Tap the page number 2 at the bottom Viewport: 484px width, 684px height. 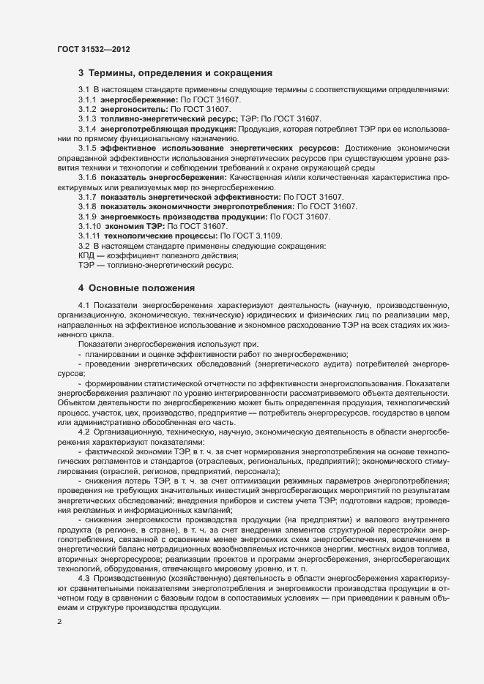(59, 622)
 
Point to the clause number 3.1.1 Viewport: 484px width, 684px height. (88, 99)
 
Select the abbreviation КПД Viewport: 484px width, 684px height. (86, 256)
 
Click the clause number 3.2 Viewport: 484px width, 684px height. (83, 247)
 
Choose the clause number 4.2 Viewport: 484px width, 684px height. (83, 432)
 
